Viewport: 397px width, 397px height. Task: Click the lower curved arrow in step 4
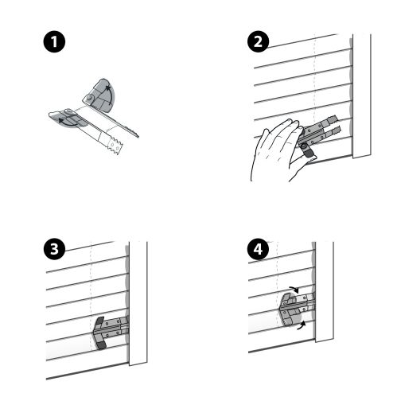[x=300, y=326]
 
